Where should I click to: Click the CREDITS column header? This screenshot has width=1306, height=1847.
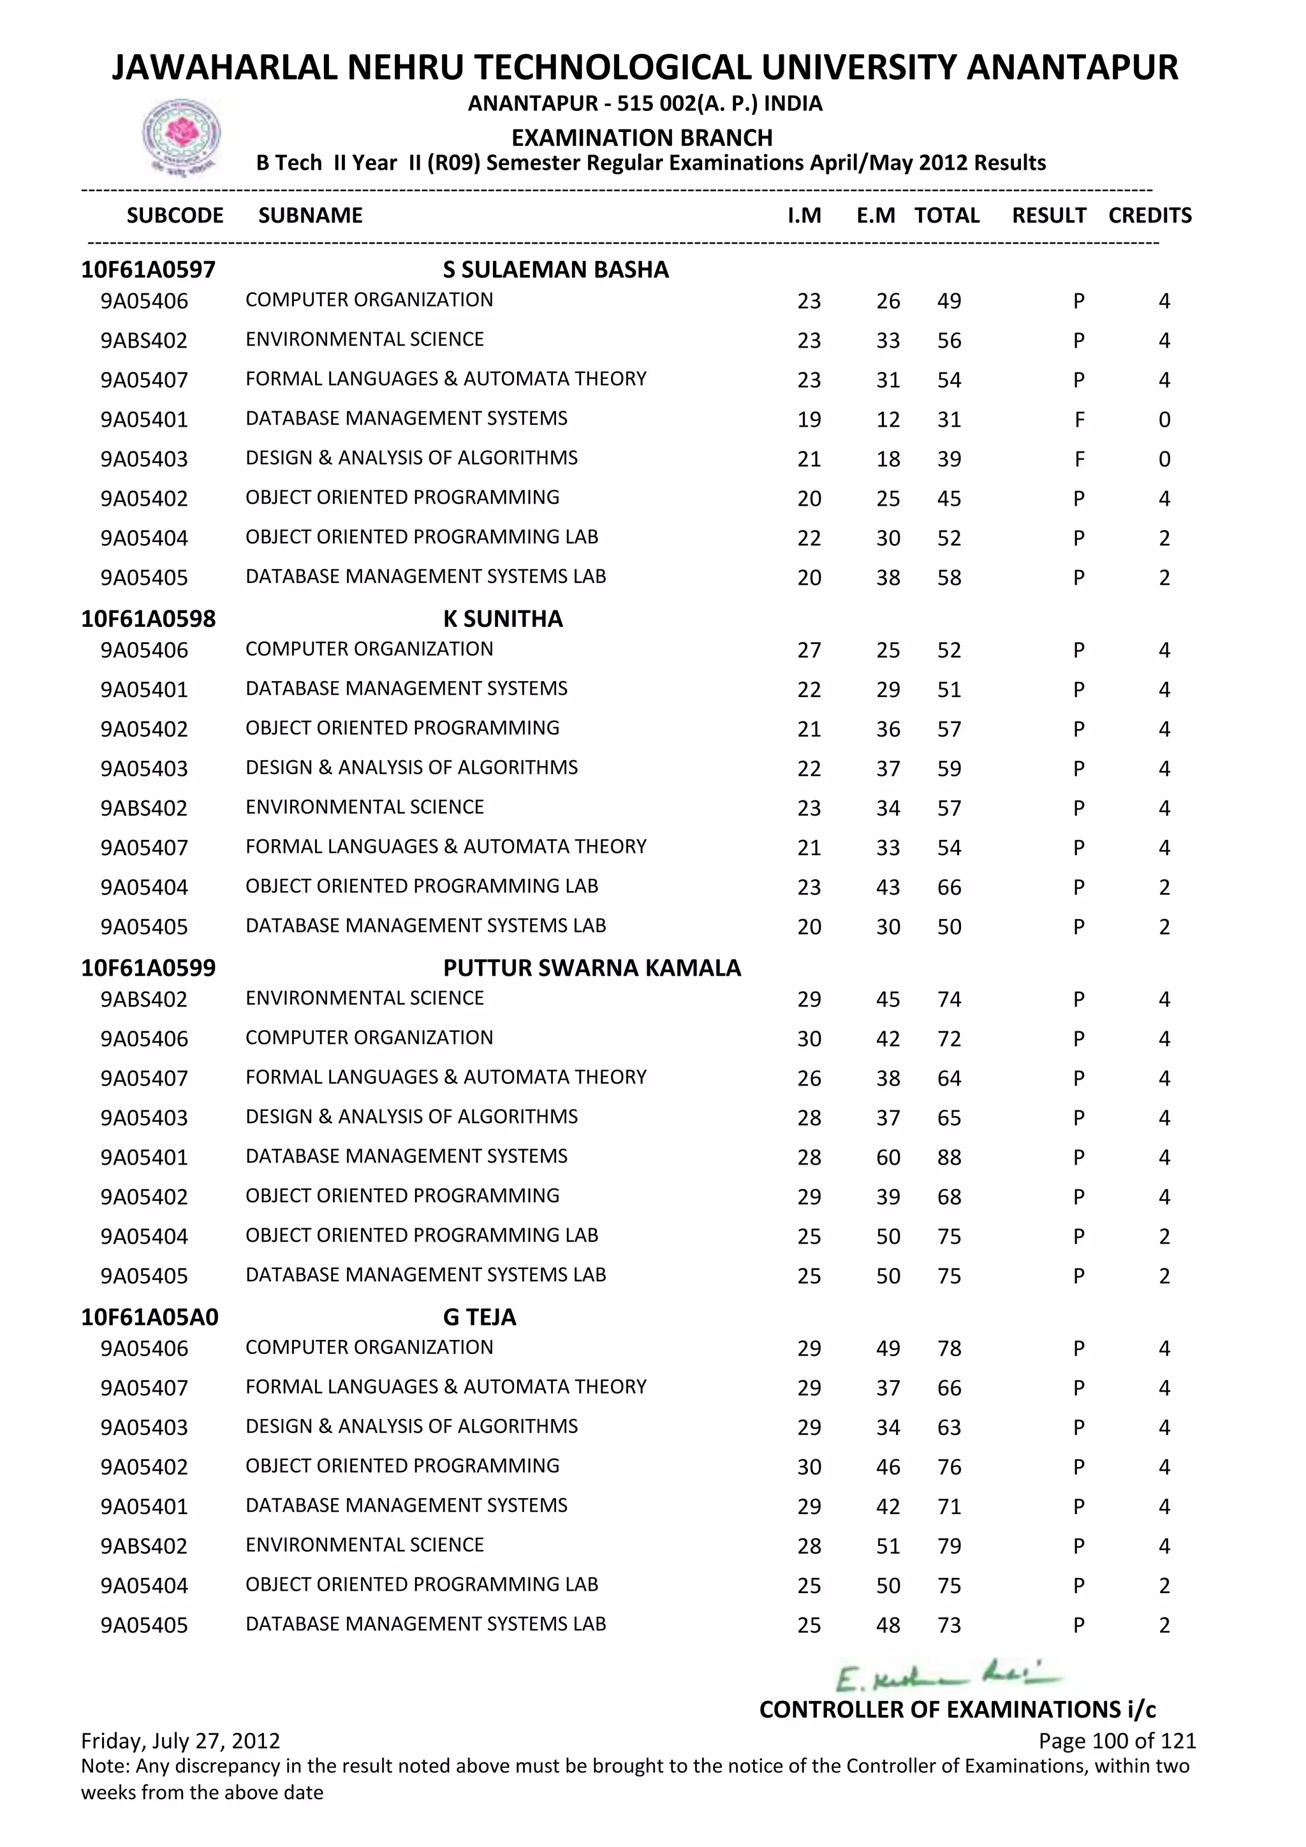pyautogui.click(x=1149, y=216)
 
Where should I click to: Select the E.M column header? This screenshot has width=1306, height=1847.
pyautogui.click(x=875, y=216)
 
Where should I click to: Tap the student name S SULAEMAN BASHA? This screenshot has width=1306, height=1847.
pyautogui.click(x=555, y=270)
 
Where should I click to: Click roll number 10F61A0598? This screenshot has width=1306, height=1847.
pyautogui.click(x=148, y=619)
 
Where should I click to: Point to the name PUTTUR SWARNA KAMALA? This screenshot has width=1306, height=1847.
pyautogui.click(x=591, y=968)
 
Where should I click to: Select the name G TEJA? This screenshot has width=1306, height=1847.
pyautogui.click(x=480, y=1317)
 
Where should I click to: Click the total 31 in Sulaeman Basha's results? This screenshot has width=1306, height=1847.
pyautogui.click(x=949, y=420)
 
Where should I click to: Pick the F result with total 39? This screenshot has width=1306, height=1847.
pyautogui.click(x=1078, y=459)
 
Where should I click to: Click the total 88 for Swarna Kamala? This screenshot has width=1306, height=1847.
pyautogui.click(x=949, y=1158)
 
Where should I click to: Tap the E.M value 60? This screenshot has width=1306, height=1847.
pyautogui.click(x=888, y=1158)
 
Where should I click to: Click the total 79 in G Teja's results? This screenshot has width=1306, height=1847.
pyautogui.click(x=949, y=1546)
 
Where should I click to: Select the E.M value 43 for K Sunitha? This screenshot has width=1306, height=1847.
pyautogui.click(x=888, y=887)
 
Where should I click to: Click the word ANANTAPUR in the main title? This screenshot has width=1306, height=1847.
pyautogui.click(x=1071, y=68)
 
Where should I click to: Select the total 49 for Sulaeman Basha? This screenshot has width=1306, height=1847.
pyautogui.click(x=949, y=302)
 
